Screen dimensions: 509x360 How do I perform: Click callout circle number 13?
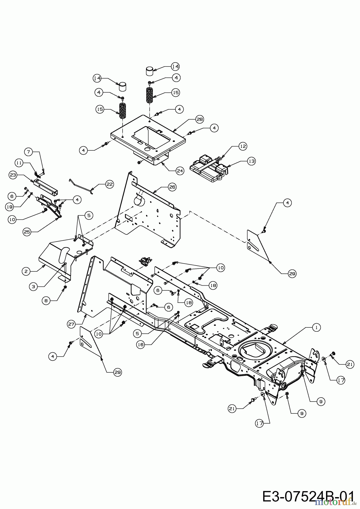click(x=251, y=161)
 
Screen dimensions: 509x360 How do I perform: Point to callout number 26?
click(x=172, y=187)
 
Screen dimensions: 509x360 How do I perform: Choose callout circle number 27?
click(x=71, y=324)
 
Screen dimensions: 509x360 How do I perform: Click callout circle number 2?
click(x=26, y=271)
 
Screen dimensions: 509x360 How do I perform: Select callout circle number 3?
click(x=33, y=286)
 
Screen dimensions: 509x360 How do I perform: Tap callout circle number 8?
click(x=46, y=301)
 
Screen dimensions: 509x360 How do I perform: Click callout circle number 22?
click(x=109, y=184)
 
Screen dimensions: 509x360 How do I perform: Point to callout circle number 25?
click(x=27, y=232)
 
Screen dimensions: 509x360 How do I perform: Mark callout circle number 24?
click(x=180, y=171)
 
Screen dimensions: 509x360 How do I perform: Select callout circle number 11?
click(x=19, y=163)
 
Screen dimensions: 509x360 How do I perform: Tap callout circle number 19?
click(x=9, y=207)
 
